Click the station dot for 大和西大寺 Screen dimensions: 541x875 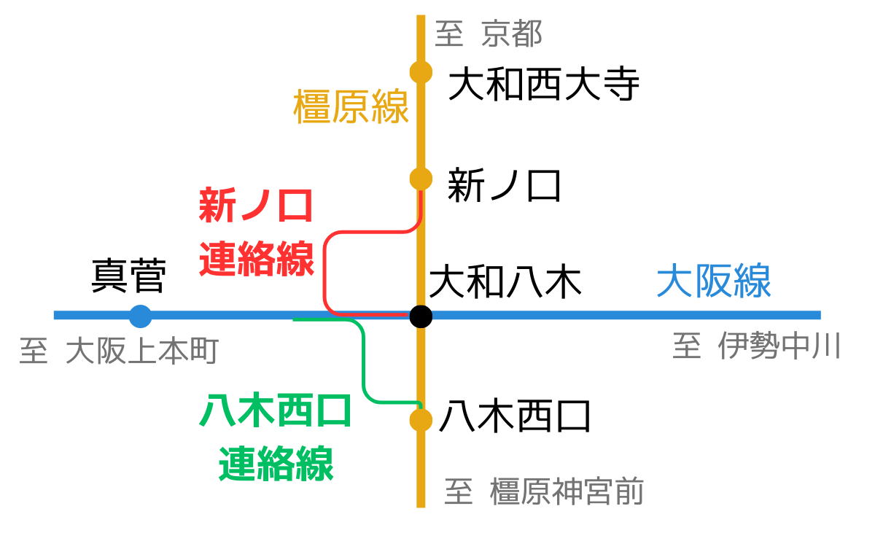[x=421, y=72]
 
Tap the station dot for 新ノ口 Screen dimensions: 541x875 [x=421, y=179]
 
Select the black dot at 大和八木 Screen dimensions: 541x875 [x=421, y=316]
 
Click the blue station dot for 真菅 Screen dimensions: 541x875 [x=140, y=316]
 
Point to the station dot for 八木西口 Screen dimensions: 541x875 [x=421, y=420]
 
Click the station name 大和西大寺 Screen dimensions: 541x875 [x=543, y=85]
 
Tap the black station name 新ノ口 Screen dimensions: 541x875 [x=504, y=185]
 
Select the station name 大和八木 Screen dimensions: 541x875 [x=505, y=281]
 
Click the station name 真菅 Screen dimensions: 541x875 [x=128, y=276]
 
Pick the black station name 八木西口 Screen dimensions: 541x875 [x=515, y=419]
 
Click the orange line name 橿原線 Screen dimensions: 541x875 [x=351, y=107]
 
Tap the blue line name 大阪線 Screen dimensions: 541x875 [x=714, y=281]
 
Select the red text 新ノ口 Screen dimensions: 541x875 [x=256, y=206]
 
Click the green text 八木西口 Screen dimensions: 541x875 [x=276, y=411]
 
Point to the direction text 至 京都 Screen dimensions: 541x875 [x=489, y=34]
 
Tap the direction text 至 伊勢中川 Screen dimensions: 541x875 [x=757, y=346]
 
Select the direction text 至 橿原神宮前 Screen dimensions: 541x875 [x=544, y=491]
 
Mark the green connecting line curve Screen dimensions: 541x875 [x=363, y=365]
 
